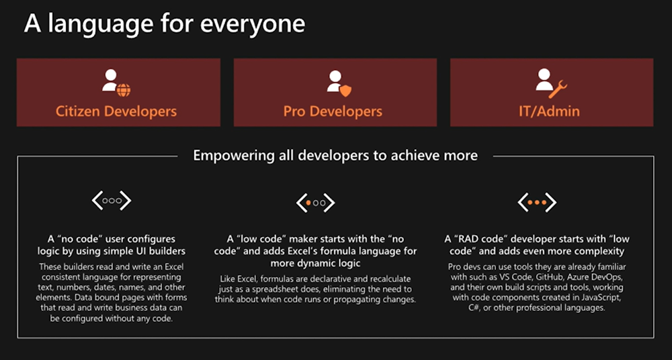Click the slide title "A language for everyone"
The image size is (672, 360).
tap(165, 24)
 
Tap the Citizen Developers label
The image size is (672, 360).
tap(116, 111)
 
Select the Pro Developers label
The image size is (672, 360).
tap(333, 111)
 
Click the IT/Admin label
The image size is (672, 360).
tap(549, 111)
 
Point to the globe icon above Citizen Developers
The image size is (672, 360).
tap(124, 90)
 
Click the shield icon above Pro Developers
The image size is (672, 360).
tap(345, 91)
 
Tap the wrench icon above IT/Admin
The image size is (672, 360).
tap(558, 89)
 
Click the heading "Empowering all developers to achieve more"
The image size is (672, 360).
tap(335, 154)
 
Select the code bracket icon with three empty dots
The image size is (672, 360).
tap(112, 200)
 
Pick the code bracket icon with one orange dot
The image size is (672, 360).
tap(315, 203)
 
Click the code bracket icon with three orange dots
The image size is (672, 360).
tap(537, 202)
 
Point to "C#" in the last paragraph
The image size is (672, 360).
tap(462, 308)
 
